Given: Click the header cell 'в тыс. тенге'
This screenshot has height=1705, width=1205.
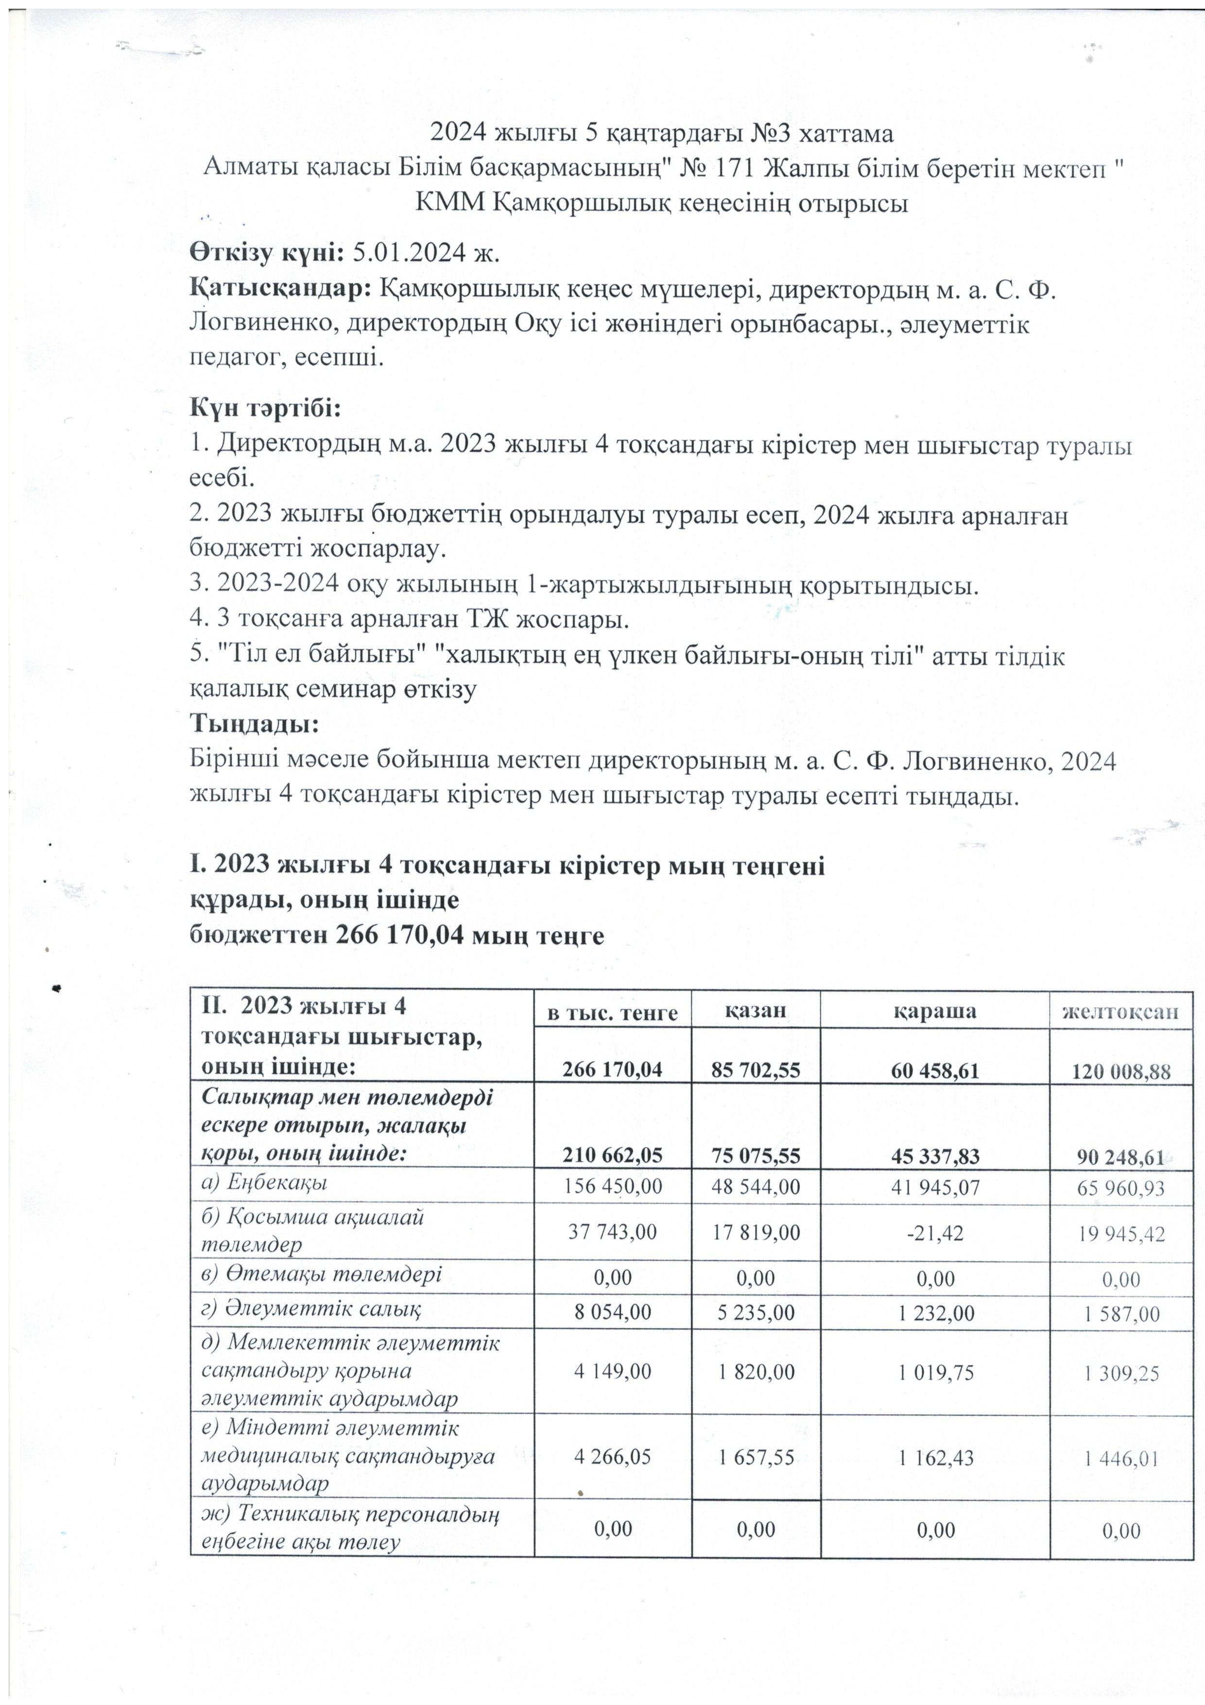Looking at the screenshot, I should pos(613,1013).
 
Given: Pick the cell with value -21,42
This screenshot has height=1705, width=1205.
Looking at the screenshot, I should pos(935,1234).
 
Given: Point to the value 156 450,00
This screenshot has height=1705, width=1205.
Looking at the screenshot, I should pos(613,1187).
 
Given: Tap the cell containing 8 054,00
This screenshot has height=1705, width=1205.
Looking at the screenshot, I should pos(613,1312).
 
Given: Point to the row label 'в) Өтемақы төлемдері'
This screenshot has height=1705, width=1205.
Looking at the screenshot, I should pos(321,1274).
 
